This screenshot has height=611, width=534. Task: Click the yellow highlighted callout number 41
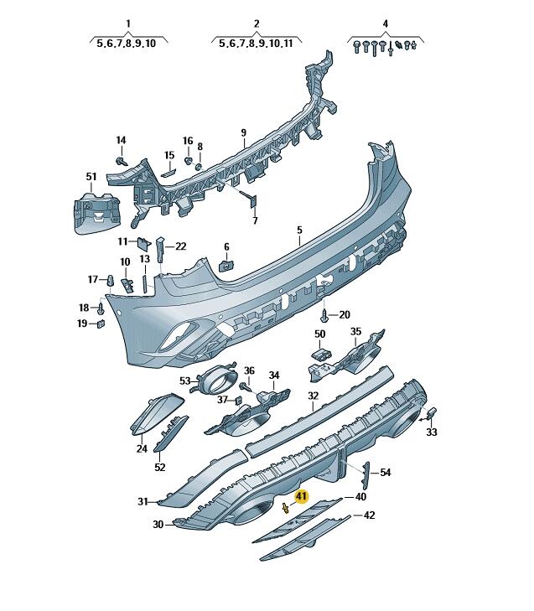point(302,497)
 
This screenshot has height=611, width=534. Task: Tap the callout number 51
point(91,177)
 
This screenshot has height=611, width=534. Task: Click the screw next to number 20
point(324,315)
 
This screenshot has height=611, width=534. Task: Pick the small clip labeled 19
point(101,324)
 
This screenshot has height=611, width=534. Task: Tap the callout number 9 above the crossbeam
point(244,133)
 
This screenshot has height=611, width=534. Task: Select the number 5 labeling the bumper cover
point(299,230)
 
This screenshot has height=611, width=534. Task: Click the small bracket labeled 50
point(321,355)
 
